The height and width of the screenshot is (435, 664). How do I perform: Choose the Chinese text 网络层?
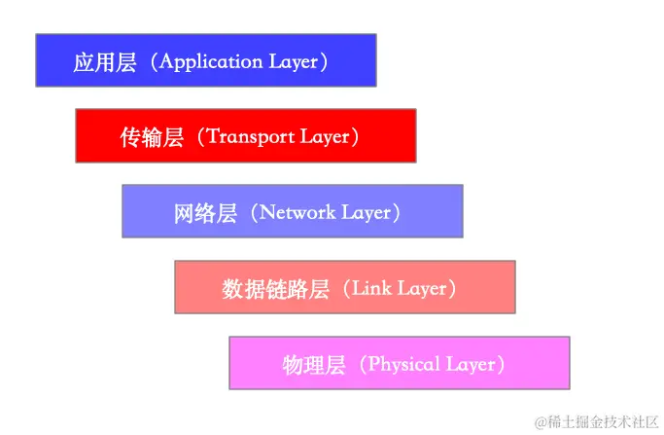205,212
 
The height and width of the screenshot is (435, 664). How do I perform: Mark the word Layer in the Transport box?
324,137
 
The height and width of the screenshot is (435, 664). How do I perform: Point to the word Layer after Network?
365,212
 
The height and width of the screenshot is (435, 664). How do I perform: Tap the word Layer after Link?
420,288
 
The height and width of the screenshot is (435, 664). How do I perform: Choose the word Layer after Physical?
471,365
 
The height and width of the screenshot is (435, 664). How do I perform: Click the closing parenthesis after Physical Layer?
503,365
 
